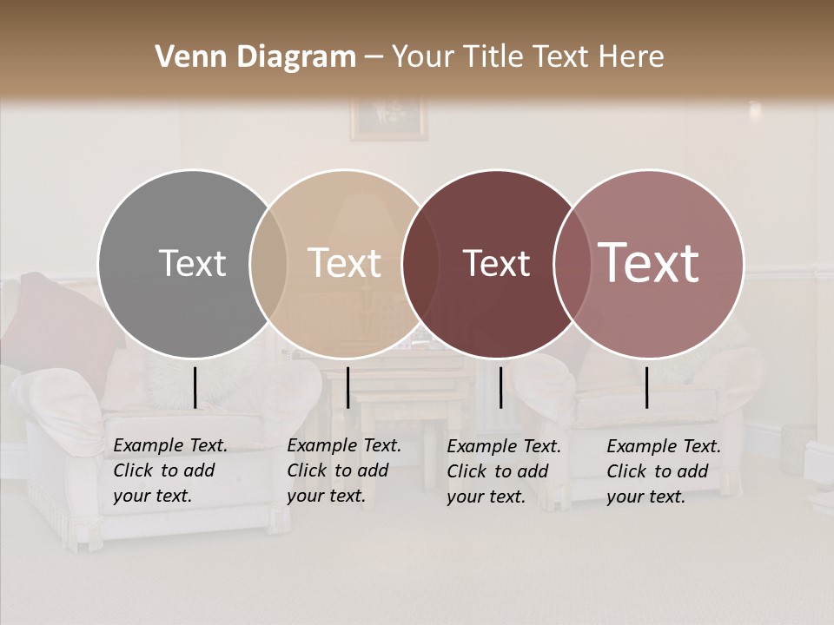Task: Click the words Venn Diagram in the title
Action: tap(255, 57)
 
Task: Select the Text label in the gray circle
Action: tap(192, 263)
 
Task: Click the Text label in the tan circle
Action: tap(345, 263)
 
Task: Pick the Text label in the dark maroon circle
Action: tap(496, 263)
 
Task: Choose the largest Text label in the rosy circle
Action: tap(649, 263)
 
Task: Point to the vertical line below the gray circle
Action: tap(195, 387)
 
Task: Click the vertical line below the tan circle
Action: tap(347, 387)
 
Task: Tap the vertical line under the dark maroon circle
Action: tap(500, 387)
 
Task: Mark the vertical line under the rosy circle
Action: tap(646, 387)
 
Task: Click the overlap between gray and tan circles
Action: tap(268, 264)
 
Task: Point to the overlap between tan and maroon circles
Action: tap(416, 264)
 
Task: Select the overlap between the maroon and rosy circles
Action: tap(570, 264)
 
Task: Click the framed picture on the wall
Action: tap(389, 119)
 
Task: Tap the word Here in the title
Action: tap(632, 57)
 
